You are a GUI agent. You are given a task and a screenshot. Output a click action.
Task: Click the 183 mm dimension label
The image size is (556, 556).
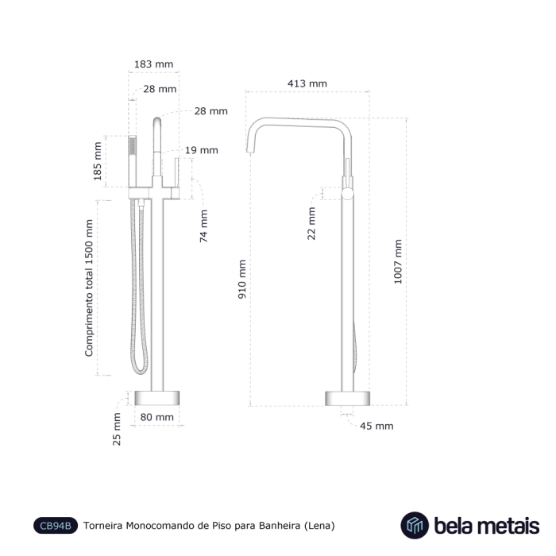click(154, 64)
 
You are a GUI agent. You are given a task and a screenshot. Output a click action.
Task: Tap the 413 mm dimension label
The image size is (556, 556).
click(307, 83)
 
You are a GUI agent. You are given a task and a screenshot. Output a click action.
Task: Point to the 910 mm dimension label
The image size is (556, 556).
click(243, 279)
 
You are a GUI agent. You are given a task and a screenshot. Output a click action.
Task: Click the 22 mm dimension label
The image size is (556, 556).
click(311, 223)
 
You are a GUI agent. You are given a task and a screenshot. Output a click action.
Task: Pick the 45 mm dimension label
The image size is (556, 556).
click(376, 426)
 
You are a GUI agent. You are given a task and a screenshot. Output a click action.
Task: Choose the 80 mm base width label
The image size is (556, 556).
click(156, 417)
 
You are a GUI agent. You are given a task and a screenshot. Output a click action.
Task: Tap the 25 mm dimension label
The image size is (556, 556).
click(117, 429)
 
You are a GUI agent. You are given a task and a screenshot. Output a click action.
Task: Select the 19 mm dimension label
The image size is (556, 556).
click(202, 150)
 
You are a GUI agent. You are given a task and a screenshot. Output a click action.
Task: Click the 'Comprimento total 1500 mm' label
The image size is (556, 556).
click(90, 288)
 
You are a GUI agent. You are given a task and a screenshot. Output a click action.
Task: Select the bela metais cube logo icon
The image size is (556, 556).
click(413, 525)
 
